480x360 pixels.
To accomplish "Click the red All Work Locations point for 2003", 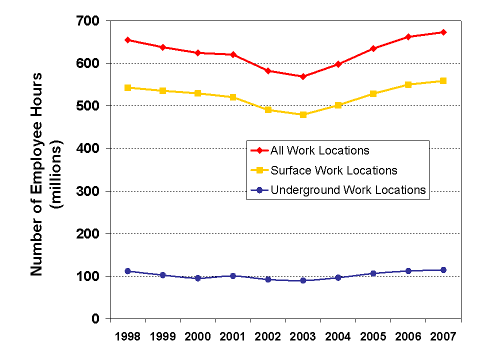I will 303,76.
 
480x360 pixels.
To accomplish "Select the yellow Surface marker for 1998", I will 127,87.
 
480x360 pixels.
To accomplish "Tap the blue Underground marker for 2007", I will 443,270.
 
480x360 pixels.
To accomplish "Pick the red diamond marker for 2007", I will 443,32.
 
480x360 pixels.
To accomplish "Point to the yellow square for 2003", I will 303,114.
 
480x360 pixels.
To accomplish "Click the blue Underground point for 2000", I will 197,278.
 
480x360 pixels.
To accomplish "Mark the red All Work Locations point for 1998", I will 127,40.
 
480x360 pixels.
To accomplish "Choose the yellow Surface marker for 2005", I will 373,93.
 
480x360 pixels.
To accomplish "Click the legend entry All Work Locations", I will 319,150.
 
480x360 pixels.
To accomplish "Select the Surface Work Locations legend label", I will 333,170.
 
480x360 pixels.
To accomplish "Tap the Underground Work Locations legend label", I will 348,190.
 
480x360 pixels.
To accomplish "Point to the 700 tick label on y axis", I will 88,21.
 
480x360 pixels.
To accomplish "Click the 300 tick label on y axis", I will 88,191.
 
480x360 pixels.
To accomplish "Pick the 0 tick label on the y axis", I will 95,319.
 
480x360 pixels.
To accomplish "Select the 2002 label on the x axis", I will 268,336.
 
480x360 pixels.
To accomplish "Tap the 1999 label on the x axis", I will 162,336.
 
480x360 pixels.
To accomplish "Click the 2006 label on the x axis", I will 408,336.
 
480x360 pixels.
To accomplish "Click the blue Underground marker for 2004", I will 338,277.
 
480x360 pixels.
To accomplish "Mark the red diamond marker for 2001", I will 233,54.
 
